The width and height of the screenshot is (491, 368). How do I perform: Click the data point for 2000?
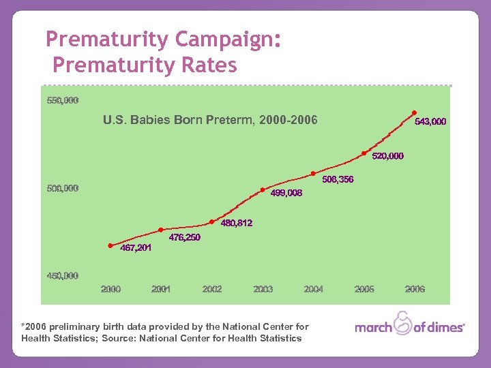(111, 246)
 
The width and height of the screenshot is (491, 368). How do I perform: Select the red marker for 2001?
(161, 230)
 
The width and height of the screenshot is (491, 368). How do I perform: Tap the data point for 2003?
(263, 190)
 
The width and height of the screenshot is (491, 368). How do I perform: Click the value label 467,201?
(136, 248)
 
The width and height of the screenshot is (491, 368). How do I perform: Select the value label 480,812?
(236, 223)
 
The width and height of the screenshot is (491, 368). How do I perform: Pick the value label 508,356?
(338, 180)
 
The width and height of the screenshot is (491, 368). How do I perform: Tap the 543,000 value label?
(431, 122)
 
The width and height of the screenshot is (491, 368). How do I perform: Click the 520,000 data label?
(388, 156)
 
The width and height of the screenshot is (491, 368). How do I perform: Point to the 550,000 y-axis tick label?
(62, 100)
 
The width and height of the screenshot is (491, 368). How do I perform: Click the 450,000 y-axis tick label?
(62, 275)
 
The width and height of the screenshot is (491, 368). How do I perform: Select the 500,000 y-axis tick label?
(62, 188)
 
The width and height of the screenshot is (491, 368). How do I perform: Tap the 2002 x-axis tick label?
(212, 289)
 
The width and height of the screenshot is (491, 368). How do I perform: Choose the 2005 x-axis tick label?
(364, 289)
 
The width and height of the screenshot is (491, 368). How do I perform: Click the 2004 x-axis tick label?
(313, 289)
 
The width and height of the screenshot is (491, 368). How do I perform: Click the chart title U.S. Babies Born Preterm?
(210, 121)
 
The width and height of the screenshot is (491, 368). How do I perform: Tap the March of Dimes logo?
(410, 326)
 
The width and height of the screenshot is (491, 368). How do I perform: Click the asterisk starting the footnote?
(23, 326)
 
